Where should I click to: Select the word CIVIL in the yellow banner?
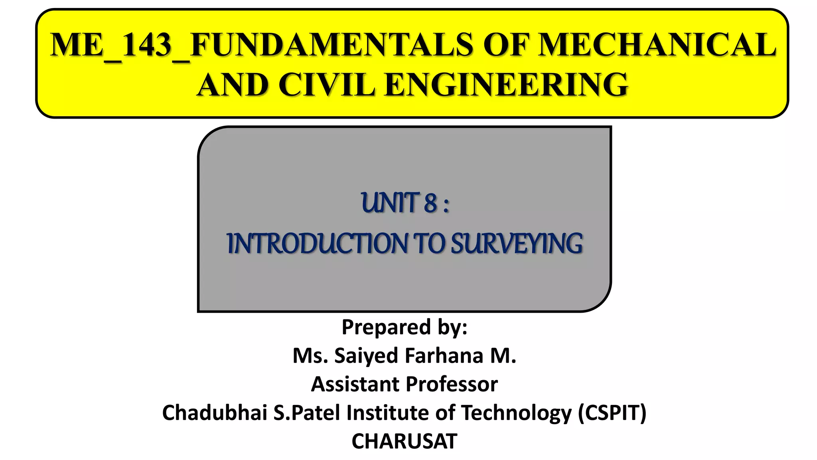pos(326,85)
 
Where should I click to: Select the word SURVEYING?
pos(517,244)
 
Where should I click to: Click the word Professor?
pos(452,384)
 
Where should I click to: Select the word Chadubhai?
pos(215,412)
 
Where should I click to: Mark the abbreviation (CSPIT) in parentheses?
pos(612,412)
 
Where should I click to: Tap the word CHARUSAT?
pos(404,441)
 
